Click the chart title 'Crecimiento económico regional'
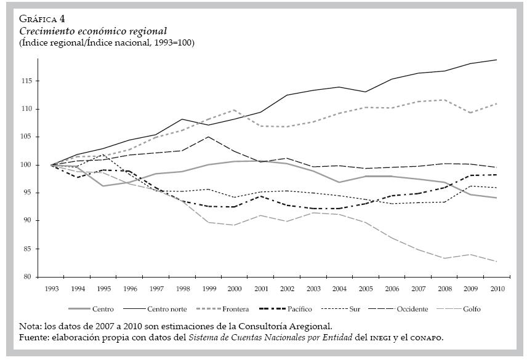point(94,31)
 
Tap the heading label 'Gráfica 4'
point(43,18)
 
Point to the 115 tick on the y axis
point(28,81)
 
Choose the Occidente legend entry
point(413,309)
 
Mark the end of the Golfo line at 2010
point(496,262)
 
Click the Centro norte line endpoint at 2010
point(496,60)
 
